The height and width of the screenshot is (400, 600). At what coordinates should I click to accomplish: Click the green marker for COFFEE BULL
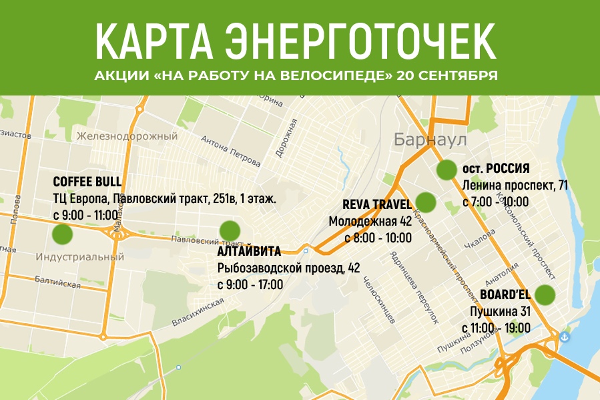(62, 234)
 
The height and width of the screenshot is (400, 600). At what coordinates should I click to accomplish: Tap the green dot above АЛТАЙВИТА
(230, 230)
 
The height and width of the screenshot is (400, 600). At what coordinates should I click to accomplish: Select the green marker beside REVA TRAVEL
(425, 202)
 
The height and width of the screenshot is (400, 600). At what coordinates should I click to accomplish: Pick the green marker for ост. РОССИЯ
(446, 170)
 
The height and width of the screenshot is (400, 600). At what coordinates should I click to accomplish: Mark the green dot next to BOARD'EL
(545, 294)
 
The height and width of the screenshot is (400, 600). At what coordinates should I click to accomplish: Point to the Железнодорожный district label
(127, 136)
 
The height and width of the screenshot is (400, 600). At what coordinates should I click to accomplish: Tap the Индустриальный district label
(79, 256)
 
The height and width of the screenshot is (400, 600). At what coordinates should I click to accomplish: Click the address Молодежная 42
(370, 221)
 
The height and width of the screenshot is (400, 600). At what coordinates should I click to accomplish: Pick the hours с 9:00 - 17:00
(251, 284)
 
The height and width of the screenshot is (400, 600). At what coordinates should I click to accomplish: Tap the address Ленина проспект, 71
(515, 185)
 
